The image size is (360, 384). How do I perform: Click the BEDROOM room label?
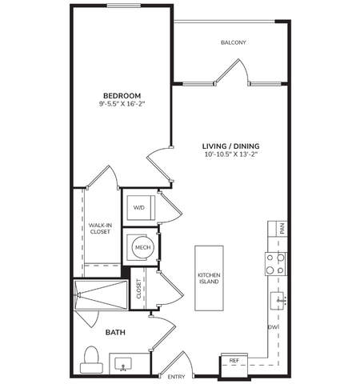click(122, 95)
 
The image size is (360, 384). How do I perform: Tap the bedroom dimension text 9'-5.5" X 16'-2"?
click(122, 104)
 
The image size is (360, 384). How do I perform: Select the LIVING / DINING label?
click(230, 146)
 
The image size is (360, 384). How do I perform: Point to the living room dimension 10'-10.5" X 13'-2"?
click(230, 154)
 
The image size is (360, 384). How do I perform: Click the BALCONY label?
click(234, 42)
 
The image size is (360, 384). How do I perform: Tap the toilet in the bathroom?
click(91, 359)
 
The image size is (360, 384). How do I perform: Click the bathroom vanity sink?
click(123, 364)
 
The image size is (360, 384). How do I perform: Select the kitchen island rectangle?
click(209, 278)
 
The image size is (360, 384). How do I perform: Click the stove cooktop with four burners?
click(276, 264)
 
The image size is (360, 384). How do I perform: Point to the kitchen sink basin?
click(278, 301)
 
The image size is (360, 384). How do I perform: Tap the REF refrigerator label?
click(234, 361)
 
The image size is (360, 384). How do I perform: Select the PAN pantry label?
click(282, 229)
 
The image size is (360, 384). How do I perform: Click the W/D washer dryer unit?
click(141, 208)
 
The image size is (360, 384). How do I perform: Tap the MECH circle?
click(142, 247)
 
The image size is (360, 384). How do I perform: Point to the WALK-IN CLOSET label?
click(100, 229)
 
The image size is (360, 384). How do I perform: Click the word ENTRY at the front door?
click(176, 377)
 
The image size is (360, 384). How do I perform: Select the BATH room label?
click(115, 332)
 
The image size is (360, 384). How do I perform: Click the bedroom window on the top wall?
click(124, 6)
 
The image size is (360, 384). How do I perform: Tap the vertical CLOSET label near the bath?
click(138, 289)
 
